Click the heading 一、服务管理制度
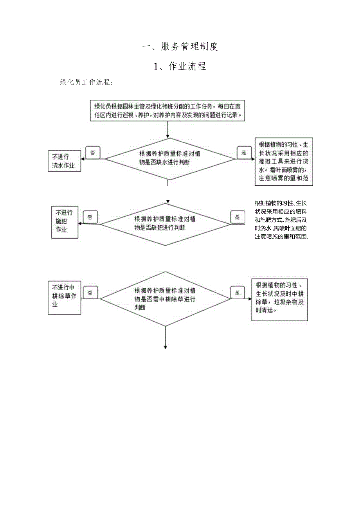[180, 47]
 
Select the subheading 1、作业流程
[180, 67]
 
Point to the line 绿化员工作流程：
[86, 83]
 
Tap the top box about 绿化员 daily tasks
[168, 110]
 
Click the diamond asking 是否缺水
[170, 159]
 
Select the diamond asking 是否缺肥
[166, 224]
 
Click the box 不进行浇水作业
[64, 161]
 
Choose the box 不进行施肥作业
[65, 222]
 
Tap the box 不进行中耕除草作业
[64, 298]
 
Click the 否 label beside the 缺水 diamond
[93, 153]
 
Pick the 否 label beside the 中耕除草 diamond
[90, 293]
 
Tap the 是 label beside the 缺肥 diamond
[237, 217]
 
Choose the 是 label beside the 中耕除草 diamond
[237, 293]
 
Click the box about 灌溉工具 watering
[284, 161]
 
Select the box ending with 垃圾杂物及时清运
[279, 300]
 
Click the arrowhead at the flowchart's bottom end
[166, 347]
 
